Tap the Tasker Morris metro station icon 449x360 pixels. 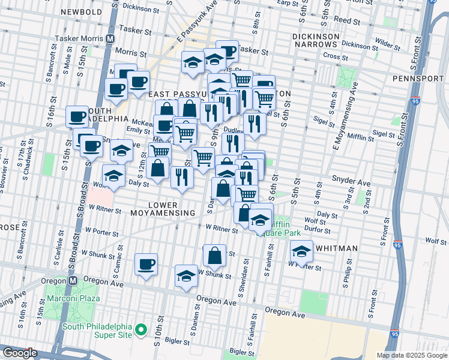point(110,38)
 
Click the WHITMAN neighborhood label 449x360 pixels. point(336,248)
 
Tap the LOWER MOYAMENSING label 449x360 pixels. point(171,209)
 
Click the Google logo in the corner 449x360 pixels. point(20,353)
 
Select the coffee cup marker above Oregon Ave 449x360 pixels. point(146,264)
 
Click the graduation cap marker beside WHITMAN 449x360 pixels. point(301,250)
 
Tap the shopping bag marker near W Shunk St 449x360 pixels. point(214,256)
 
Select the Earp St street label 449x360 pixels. point(288,3)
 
